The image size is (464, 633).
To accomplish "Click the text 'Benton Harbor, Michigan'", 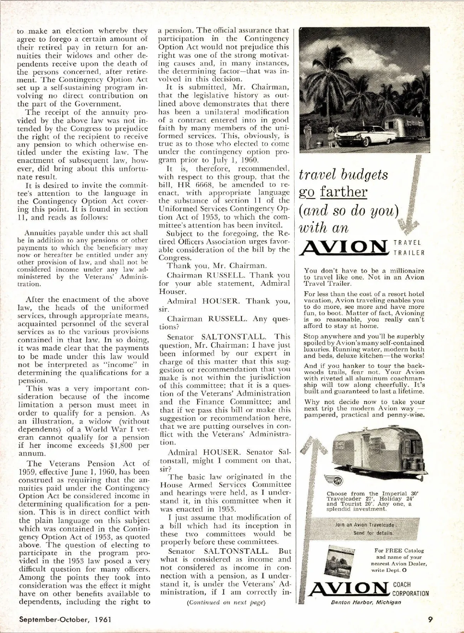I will [365, 602].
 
